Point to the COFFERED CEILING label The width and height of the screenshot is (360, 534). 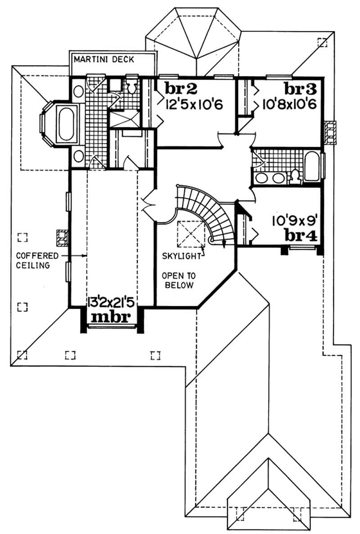[x=32, y=260]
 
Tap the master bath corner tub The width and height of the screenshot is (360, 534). [x=64, y=122]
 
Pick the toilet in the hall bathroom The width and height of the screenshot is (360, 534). [x=295, y=177]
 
